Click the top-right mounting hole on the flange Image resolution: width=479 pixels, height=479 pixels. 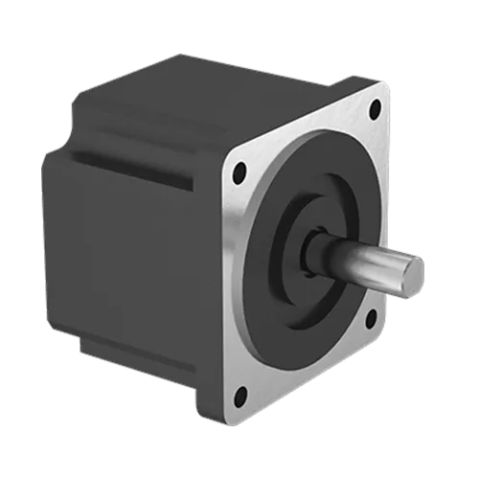(376, 108)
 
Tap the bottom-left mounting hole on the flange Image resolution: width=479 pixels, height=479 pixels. (239, 392)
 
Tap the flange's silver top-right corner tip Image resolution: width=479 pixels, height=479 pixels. (386, 87)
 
